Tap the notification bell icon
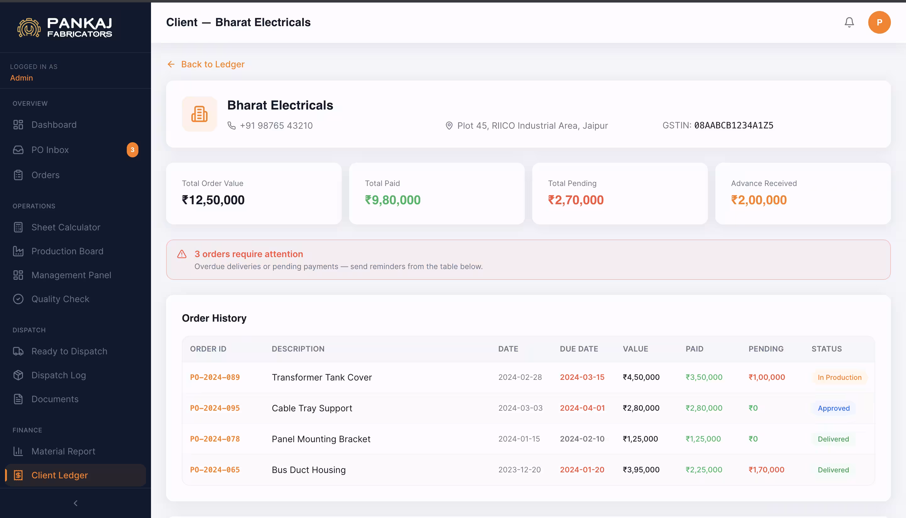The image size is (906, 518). coord(849,22)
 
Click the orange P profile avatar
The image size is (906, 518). coord(879,22)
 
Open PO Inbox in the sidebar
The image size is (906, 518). coord(50,150)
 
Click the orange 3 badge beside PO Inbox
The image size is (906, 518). coord(132,150)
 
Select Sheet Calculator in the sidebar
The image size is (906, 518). coord(66,227)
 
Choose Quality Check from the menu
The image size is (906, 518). coord(60,299)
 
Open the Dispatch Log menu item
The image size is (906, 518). coord(59,375)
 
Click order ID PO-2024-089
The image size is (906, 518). coord(215,377)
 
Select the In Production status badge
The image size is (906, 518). coord(839,377)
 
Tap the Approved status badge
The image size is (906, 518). coord(833,408)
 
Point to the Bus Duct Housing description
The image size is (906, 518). coord(309,470)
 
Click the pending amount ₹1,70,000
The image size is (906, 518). coord(766,470)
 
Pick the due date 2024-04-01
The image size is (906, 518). coord(582,408)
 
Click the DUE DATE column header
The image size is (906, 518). coord(579,349)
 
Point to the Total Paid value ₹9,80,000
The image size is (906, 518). coord(393,200)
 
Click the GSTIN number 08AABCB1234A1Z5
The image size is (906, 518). coord(734,126)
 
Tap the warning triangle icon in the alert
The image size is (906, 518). coord(182,254)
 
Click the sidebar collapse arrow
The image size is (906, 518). coord(75,503)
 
